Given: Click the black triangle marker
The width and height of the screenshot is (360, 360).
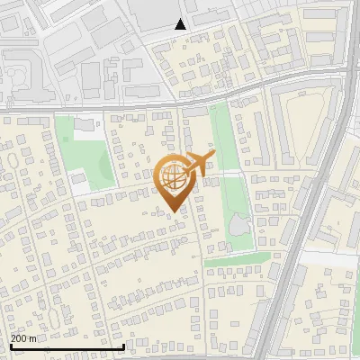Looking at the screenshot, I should [x=180, y=24].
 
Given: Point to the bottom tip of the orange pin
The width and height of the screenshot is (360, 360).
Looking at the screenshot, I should [x=174, y=211].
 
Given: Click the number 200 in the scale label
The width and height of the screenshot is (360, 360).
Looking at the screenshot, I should [x=20, y=338].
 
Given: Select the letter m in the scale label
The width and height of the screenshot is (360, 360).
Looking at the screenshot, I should [x=34, y=338].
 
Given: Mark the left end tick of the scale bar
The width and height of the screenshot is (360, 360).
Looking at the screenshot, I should [x=10, y=346].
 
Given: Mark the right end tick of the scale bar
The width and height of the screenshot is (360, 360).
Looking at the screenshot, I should [x=123, y=346].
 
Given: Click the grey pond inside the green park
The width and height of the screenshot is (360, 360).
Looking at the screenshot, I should [x=239, y=224].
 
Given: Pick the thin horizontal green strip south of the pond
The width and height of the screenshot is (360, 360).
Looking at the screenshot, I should [x=238, y=264].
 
